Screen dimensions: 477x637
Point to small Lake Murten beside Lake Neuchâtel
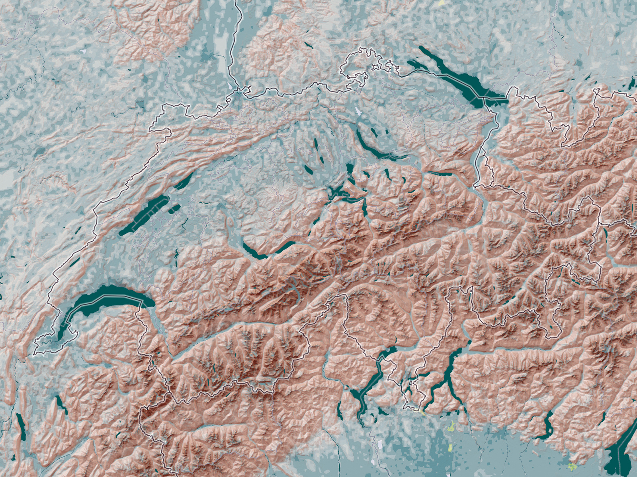174,208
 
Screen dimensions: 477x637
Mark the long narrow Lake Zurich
370,143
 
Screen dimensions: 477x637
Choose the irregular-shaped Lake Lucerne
338,192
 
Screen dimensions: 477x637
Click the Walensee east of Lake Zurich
440,174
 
